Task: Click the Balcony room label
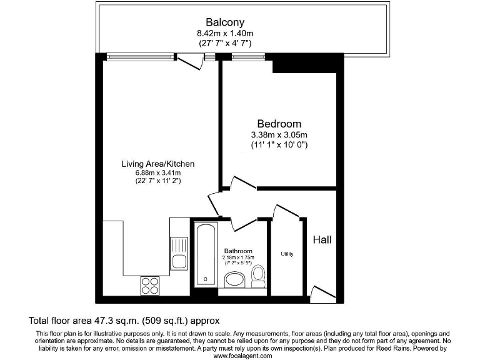219,22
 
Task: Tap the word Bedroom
279,124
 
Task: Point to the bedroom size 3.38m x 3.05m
279,135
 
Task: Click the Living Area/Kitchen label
158,164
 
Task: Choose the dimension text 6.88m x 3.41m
158,173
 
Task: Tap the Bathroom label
237,251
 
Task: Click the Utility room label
287,254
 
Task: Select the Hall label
322,239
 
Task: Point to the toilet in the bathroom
257,274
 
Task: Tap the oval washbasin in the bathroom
235,279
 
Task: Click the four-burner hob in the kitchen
150,285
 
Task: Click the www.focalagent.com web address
242,356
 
